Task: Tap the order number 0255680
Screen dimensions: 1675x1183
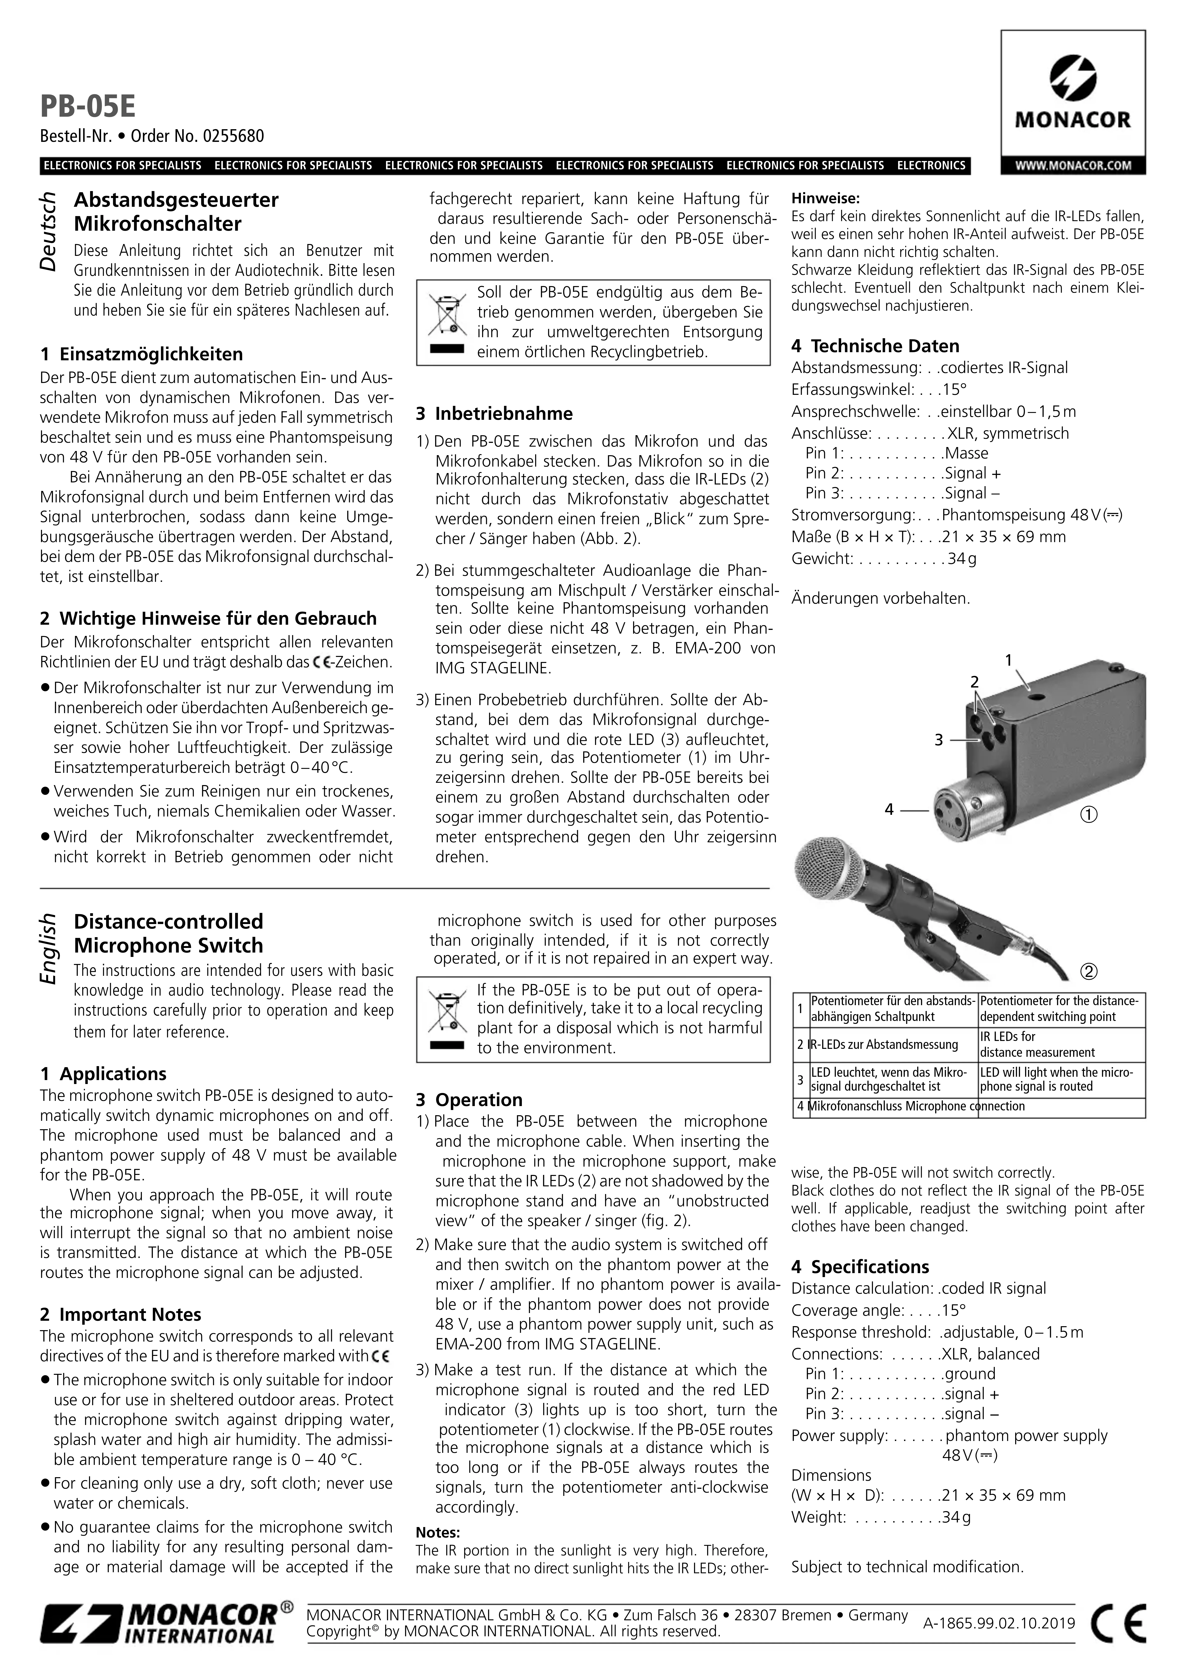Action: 235,136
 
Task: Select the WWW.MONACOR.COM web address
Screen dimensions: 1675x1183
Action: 1073,166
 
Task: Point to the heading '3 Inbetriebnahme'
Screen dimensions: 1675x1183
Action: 495,414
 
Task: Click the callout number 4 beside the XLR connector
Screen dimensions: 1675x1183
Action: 889,809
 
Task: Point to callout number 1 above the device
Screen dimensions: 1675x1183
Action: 1009,660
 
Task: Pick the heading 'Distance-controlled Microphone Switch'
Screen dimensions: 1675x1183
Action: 168,933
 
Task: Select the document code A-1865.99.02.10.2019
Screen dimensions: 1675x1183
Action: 999,1623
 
